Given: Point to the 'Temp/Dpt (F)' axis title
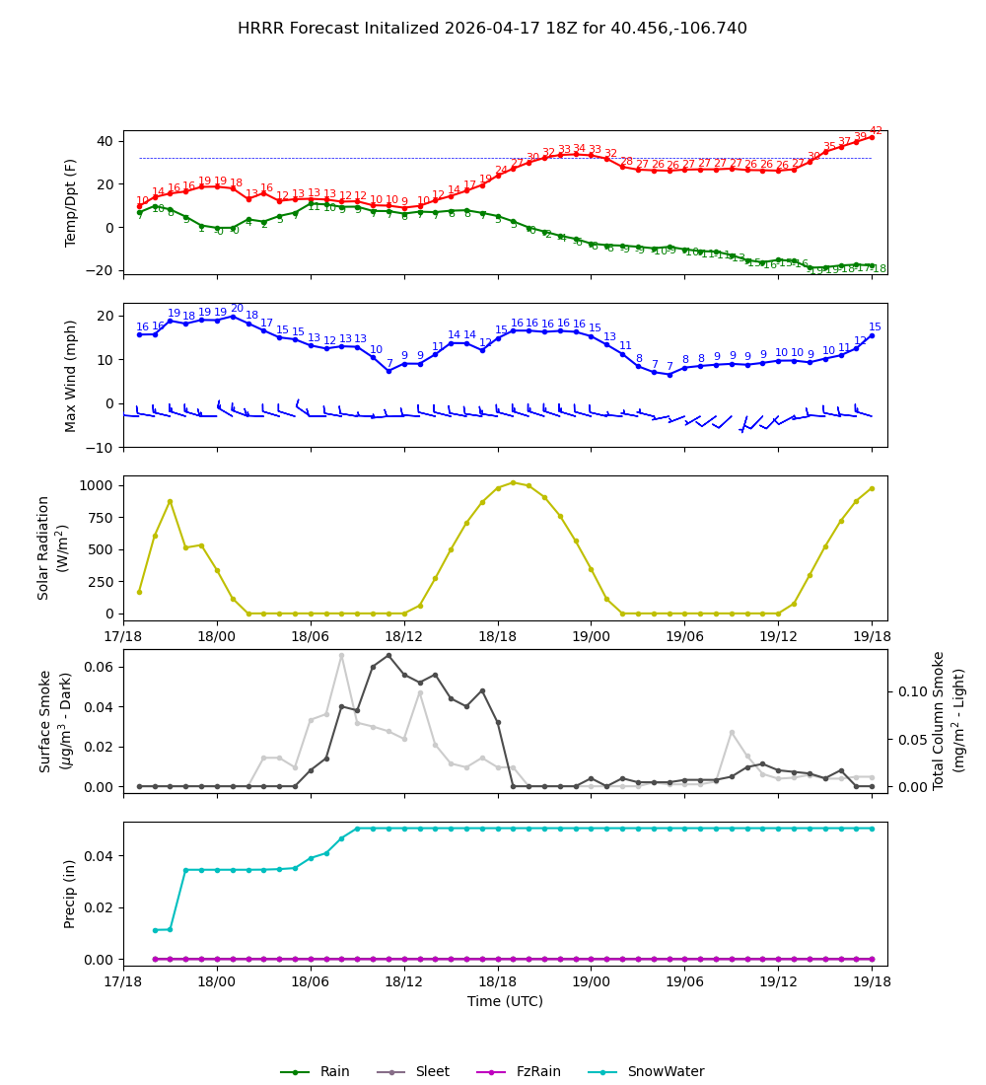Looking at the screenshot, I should click(72, 202).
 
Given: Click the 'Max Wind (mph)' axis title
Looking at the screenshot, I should click(72, 375).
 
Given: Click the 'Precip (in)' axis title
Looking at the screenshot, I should click(70, 893).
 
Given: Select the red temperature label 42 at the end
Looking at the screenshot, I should click(876, 130).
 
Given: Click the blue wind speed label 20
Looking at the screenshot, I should click(237, 309).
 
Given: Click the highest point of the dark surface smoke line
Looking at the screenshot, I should click(388, 655).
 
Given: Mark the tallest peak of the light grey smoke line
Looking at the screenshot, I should click(342, 655).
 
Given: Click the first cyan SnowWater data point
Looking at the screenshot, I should click(155, 929).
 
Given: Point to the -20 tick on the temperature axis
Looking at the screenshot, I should click(101, 270).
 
